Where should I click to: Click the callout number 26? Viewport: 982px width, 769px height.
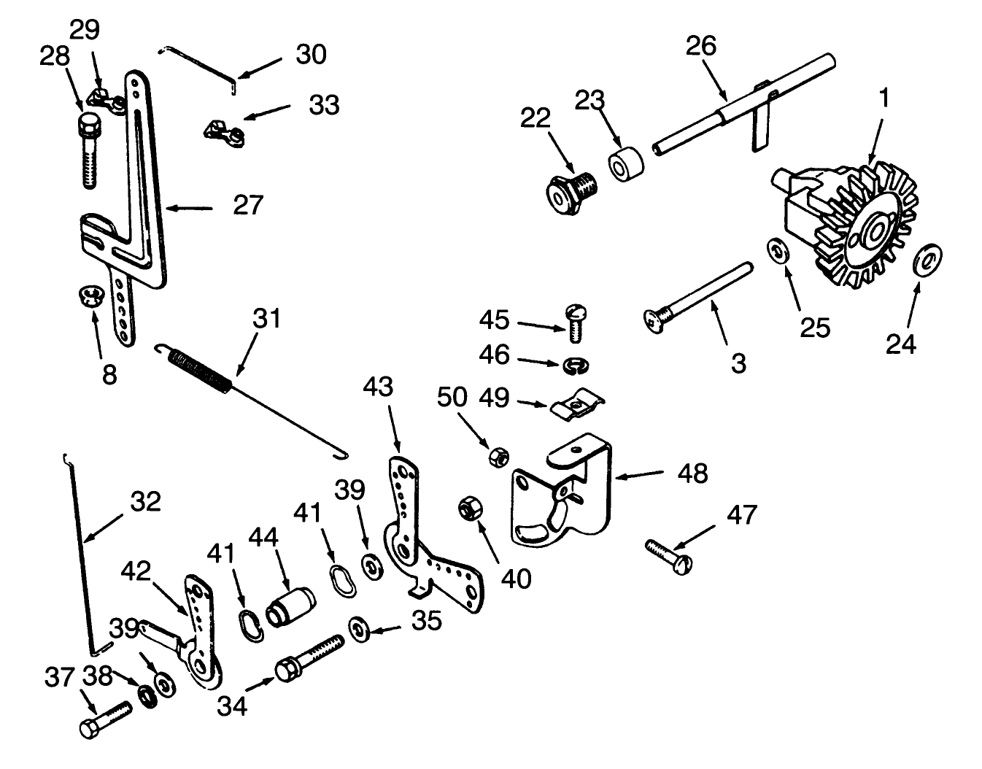[x=701, y=46]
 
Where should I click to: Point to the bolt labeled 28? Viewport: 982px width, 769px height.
[x=88, y=152]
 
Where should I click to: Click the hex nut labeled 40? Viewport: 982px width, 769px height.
[x=467, y=508]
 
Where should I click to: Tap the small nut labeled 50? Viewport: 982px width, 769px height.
[x=499, y=457]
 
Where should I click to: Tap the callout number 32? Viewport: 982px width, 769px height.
[x=145, y=502]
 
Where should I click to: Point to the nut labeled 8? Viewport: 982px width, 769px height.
[x=90, y=296]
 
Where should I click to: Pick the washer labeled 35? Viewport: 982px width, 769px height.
[x=358, y=629]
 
